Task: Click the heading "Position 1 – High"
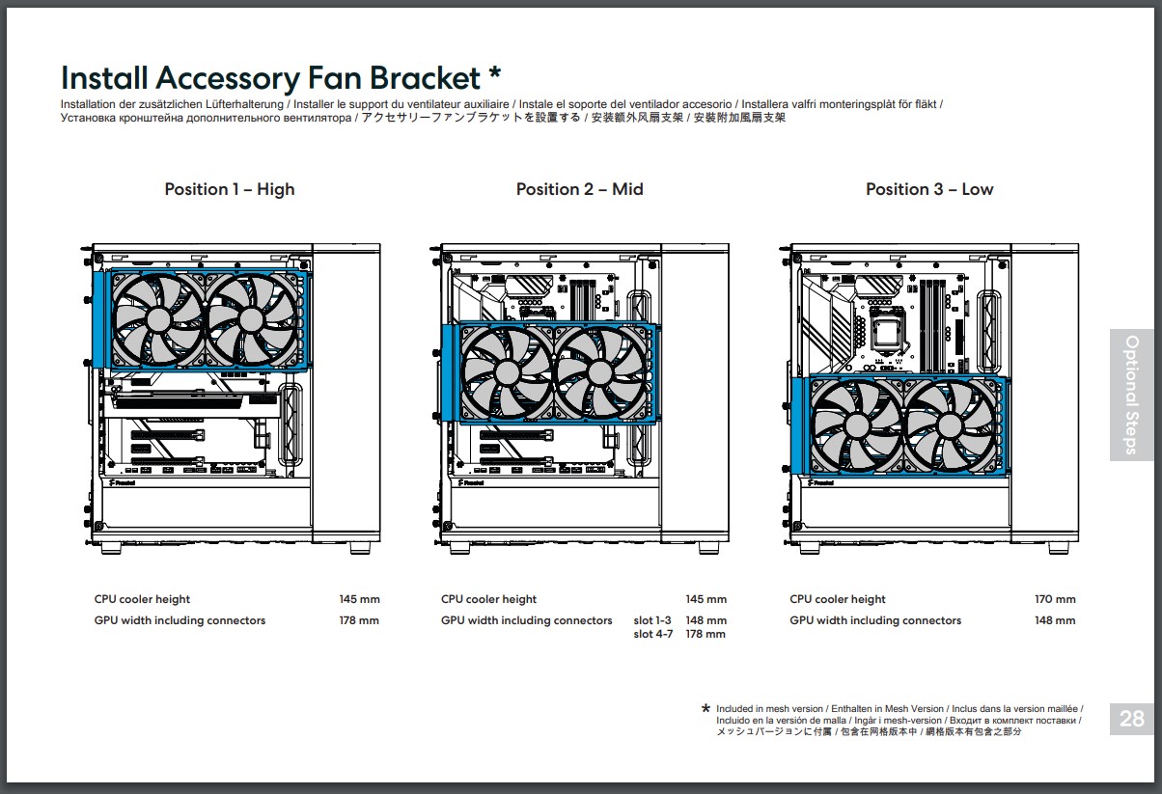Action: coord(230,189)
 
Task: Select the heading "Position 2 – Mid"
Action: coord(579,189)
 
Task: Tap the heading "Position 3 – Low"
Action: coord(929,189)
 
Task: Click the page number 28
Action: coord(1131,719)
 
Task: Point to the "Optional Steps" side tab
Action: coord(1131,395)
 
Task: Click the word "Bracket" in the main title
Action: coord(425,78)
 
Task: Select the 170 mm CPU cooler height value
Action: coord(1055,599)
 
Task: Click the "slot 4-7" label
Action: coord(653,634)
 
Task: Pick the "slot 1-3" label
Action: coord(652,620)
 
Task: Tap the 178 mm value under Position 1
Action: coord(359,620)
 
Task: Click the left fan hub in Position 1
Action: coord(158,319)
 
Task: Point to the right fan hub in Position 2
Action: coord(600,372)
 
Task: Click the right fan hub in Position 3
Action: coord(950,426)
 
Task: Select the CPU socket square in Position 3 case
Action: coord(890,333)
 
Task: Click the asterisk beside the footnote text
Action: coord(705,708)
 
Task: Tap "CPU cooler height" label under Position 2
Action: coord(488,599)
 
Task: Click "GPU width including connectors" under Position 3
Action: coord(875,620)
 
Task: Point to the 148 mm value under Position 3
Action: coord(1055,620)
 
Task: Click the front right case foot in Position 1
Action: coord(361,548)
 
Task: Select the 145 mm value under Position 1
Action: coord(359,599)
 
